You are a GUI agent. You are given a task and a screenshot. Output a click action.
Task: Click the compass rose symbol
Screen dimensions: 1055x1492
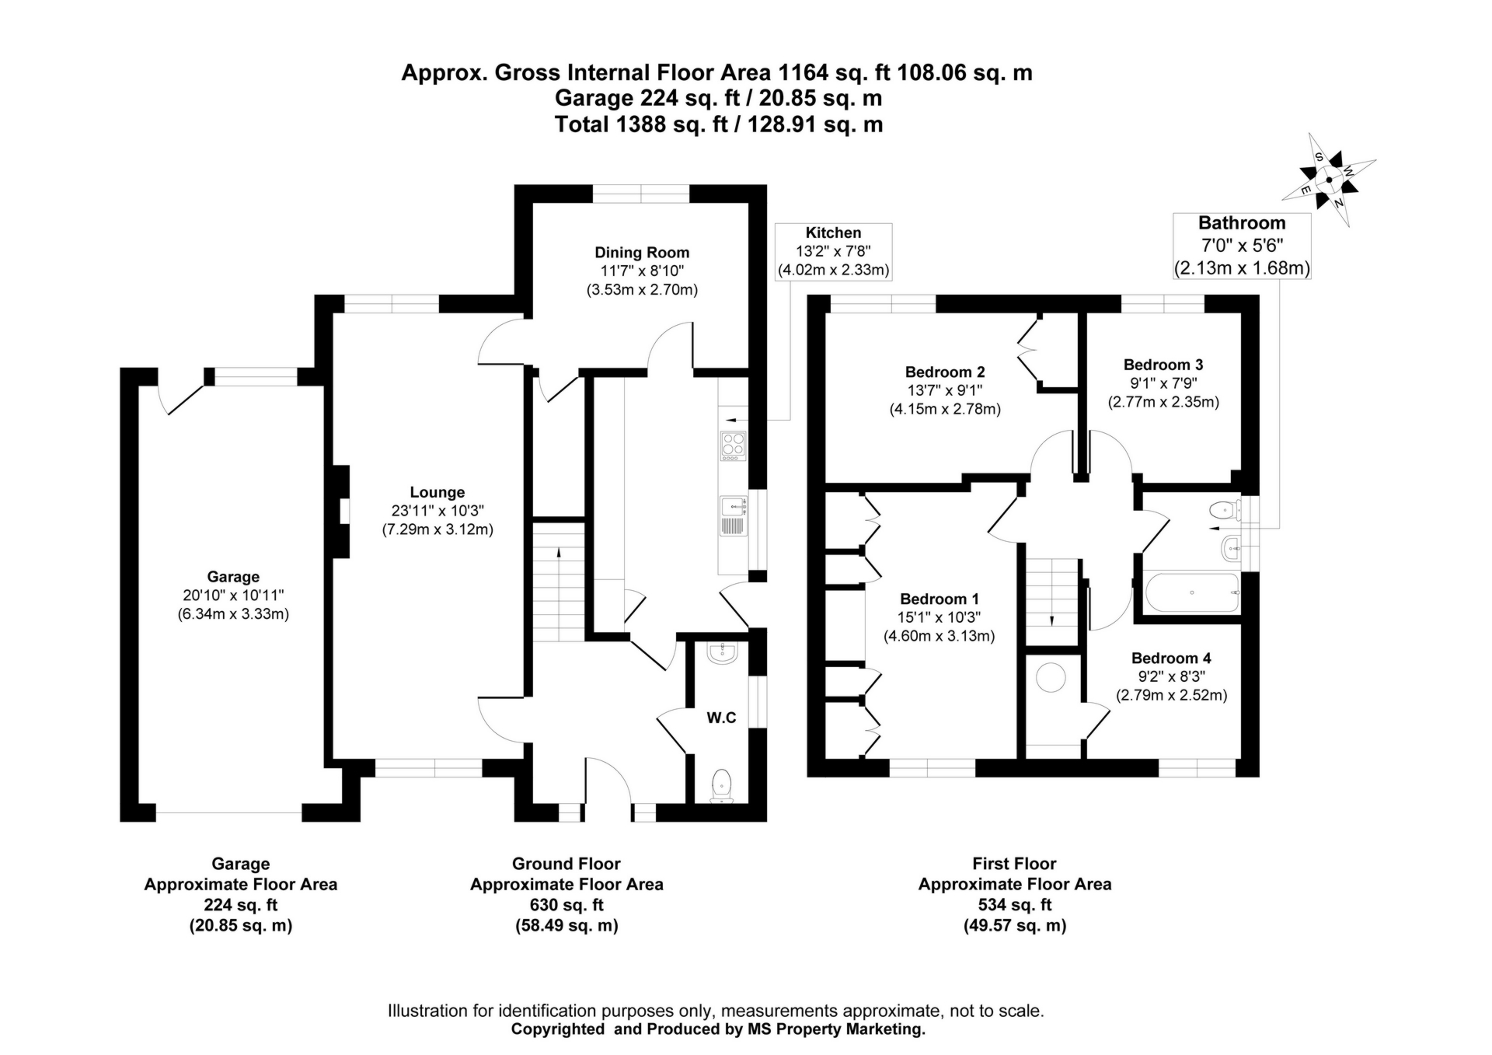pos(1328,180)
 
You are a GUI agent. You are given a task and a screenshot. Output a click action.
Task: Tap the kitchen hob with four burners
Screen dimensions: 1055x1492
pos(733,445)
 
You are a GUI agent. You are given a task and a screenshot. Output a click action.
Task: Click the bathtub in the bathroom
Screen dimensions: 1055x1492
pos(1192,593)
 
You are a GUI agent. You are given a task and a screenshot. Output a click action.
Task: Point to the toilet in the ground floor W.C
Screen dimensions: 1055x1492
pos(722,784)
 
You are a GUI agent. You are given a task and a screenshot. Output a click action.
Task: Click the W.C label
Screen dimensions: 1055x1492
pos(721,718)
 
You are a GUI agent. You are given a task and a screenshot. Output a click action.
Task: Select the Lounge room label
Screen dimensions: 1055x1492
pos(437,492)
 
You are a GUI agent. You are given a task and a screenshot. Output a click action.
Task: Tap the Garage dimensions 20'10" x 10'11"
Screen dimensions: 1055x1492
pos(233,596)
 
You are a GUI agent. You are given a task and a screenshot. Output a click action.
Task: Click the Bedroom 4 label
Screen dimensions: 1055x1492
pos(1170,659)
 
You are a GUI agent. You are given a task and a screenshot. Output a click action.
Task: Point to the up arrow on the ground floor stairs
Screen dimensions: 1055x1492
pos(558,554)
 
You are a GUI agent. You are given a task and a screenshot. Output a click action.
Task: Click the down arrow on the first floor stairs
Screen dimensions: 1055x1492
pos(1051,620)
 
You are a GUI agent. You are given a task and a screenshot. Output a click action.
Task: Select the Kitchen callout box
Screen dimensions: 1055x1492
pos(833,251)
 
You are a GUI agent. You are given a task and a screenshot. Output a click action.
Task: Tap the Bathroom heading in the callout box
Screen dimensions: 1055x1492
pos(1241,223)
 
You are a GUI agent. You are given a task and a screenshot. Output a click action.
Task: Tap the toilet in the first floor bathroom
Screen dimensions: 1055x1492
pos(1223,511)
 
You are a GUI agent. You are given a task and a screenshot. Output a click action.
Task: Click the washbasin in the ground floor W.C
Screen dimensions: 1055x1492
pos(722,652)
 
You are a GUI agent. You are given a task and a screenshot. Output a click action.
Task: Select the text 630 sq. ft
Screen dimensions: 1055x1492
pos(566,905)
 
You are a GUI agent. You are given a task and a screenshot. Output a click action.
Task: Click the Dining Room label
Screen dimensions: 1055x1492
pos(642,253)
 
